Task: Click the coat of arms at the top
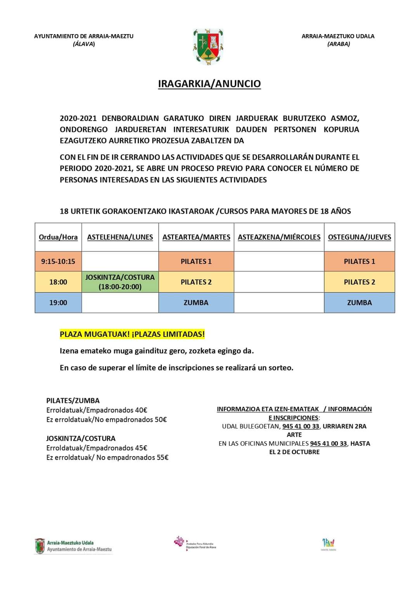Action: tap(208, 47)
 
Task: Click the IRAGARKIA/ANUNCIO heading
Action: tap(209, 84)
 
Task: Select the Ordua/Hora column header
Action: tap(58, 237)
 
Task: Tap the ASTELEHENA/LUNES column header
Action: tap(120, 237)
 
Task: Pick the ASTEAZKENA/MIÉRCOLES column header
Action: tap(279, 237)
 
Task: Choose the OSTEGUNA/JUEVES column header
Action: tap(359, 237)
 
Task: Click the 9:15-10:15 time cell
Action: tap(58, 261)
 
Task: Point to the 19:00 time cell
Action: tap(58, 303)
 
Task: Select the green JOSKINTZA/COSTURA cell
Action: tap(120, 282)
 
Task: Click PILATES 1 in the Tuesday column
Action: tap(196, 261)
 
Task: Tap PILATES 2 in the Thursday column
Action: tap(359, 282)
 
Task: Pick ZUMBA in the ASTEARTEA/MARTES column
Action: tap(196, 303)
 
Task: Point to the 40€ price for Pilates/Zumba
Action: tap(141, 410)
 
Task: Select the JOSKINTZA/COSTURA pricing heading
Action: tap(81, 438)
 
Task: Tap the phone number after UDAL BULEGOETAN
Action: tap(301, 426)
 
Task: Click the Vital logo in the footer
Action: tap(328, 543)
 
